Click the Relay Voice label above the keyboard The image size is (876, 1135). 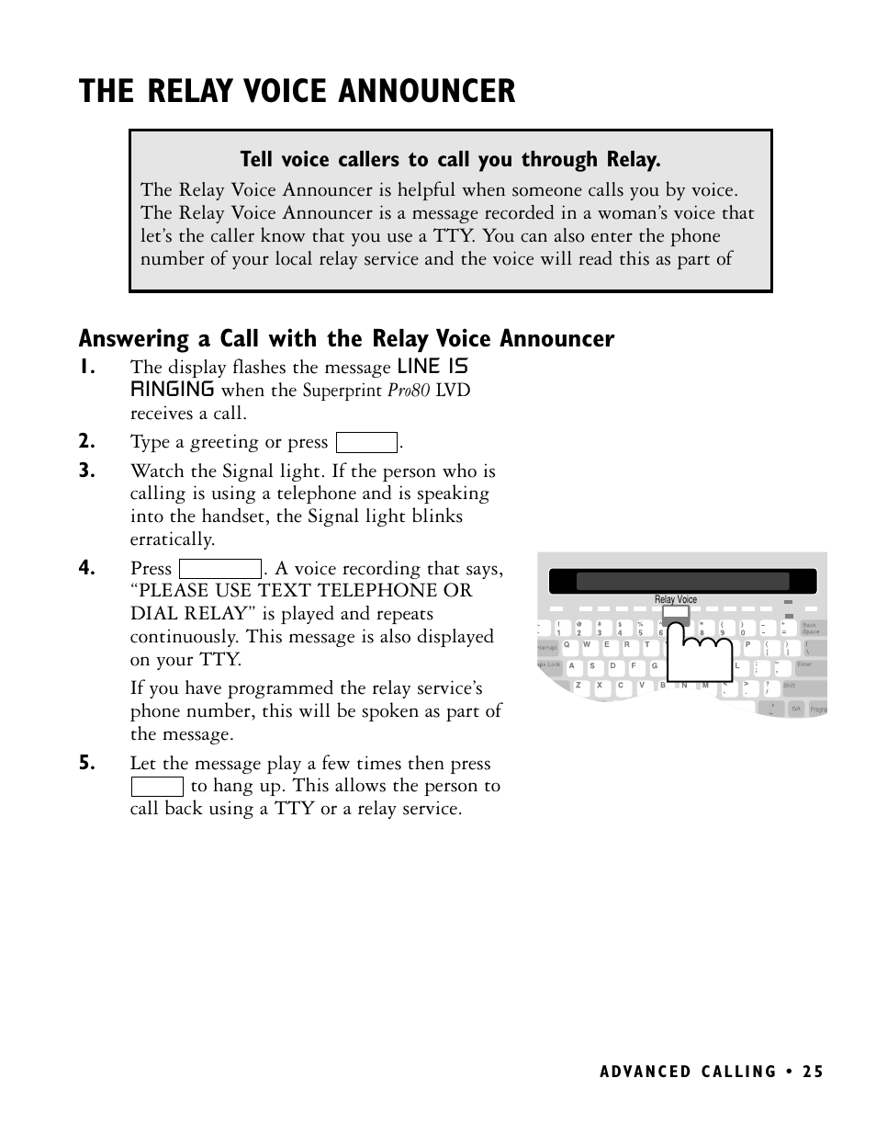pyautogui.click(x=676, y=599)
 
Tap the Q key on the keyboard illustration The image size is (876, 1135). pyautogui.click(x=567, y=644)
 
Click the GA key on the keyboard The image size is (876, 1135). pyautogui.click(x=796, y=709)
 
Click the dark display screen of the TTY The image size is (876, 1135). pyautogui.click(x=682, y=581)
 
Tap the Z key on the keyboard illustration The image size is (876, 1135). pyautogui.click(x=578, y=686)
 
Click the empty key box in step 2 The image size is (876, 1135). pyautogui.click(x=366, y=443)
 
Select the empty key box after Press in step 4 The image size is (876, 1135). pyautogui.click(x=220, y=569)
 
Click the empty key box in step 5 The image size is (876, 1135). pyautogui.click(x=157, y=787)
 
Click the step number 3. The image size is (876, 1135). pyautogui.click(x=86, y=471)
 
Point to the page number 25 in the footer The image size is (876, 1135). pyautogui.click(x=812, y=1072)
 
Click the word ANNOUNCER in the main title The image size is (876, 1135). pyautogui.click(x=427, y=91)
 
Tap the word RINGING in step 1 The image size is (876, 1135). pyautogui.click(x=172, y=389)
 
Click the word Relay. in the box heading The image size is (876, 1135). pyautogui.click(x=633, y=160)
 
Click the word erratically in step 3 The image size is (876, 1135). pyautogui.click(x=172, y=539)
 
